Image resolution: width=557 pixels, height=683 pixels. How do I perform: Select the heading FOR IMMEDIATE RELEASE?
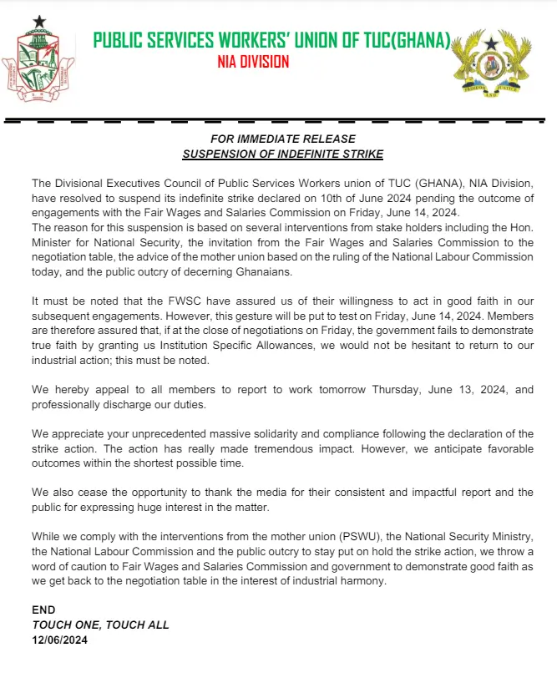point(282,139)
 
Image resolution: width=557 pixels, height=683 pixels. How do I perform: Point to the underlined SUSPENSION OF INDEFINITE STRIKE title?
point(282,154)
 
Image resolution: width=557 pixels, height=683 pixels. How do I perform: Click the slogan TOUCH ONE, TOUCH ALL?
point(100,625)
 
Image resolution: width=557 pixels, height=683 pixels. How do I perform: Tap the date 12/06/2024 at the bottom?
point(59,640)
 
